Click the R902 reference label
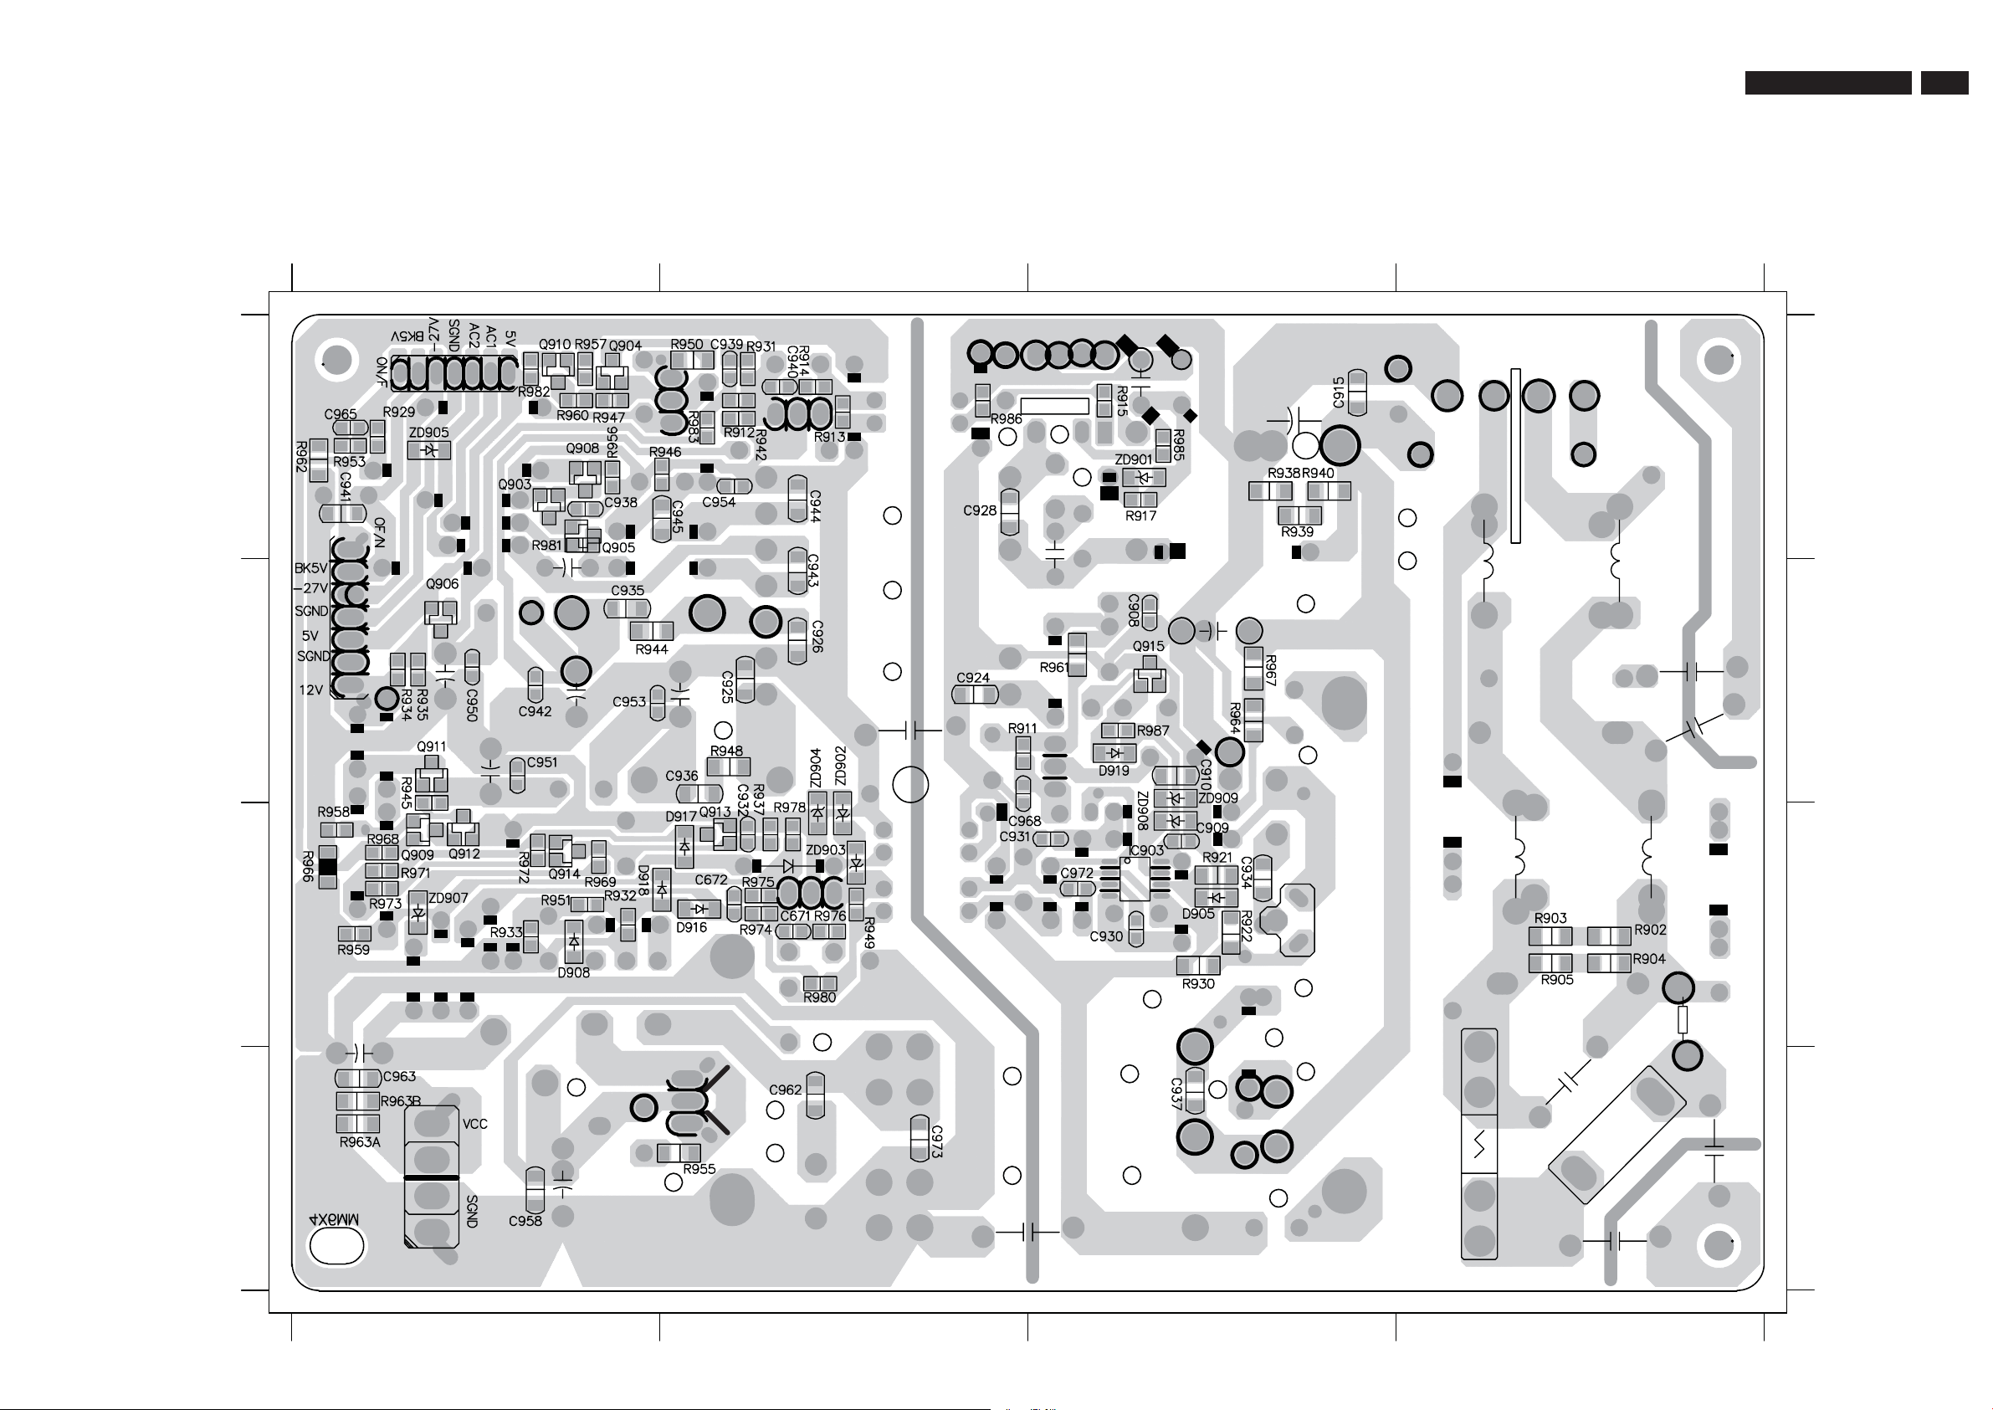[1650, 930]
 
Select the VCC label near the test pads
[474, 1124]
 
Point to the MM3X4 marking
[335, 1219]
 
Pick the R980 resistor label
[819, 997]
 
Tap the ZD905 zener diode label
[429, 433]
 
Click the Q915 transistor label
[1149, 646]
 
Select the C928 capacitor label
[980, 510]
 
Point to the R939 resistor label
[1298, 531]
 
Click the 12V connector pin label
[310, 690]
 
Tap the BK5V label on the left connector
[310, 569]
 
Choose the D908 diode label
[574, 972]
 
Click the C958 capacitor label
[525, 1221]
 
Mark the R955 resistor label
[699, 1169]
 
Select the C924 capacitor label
[973, 677]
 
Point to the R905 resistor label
[1557, 979]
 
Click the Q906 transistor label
[442, 584]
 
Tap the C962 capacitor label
[786, 1090]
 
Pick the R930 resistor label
[1198, 984]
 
